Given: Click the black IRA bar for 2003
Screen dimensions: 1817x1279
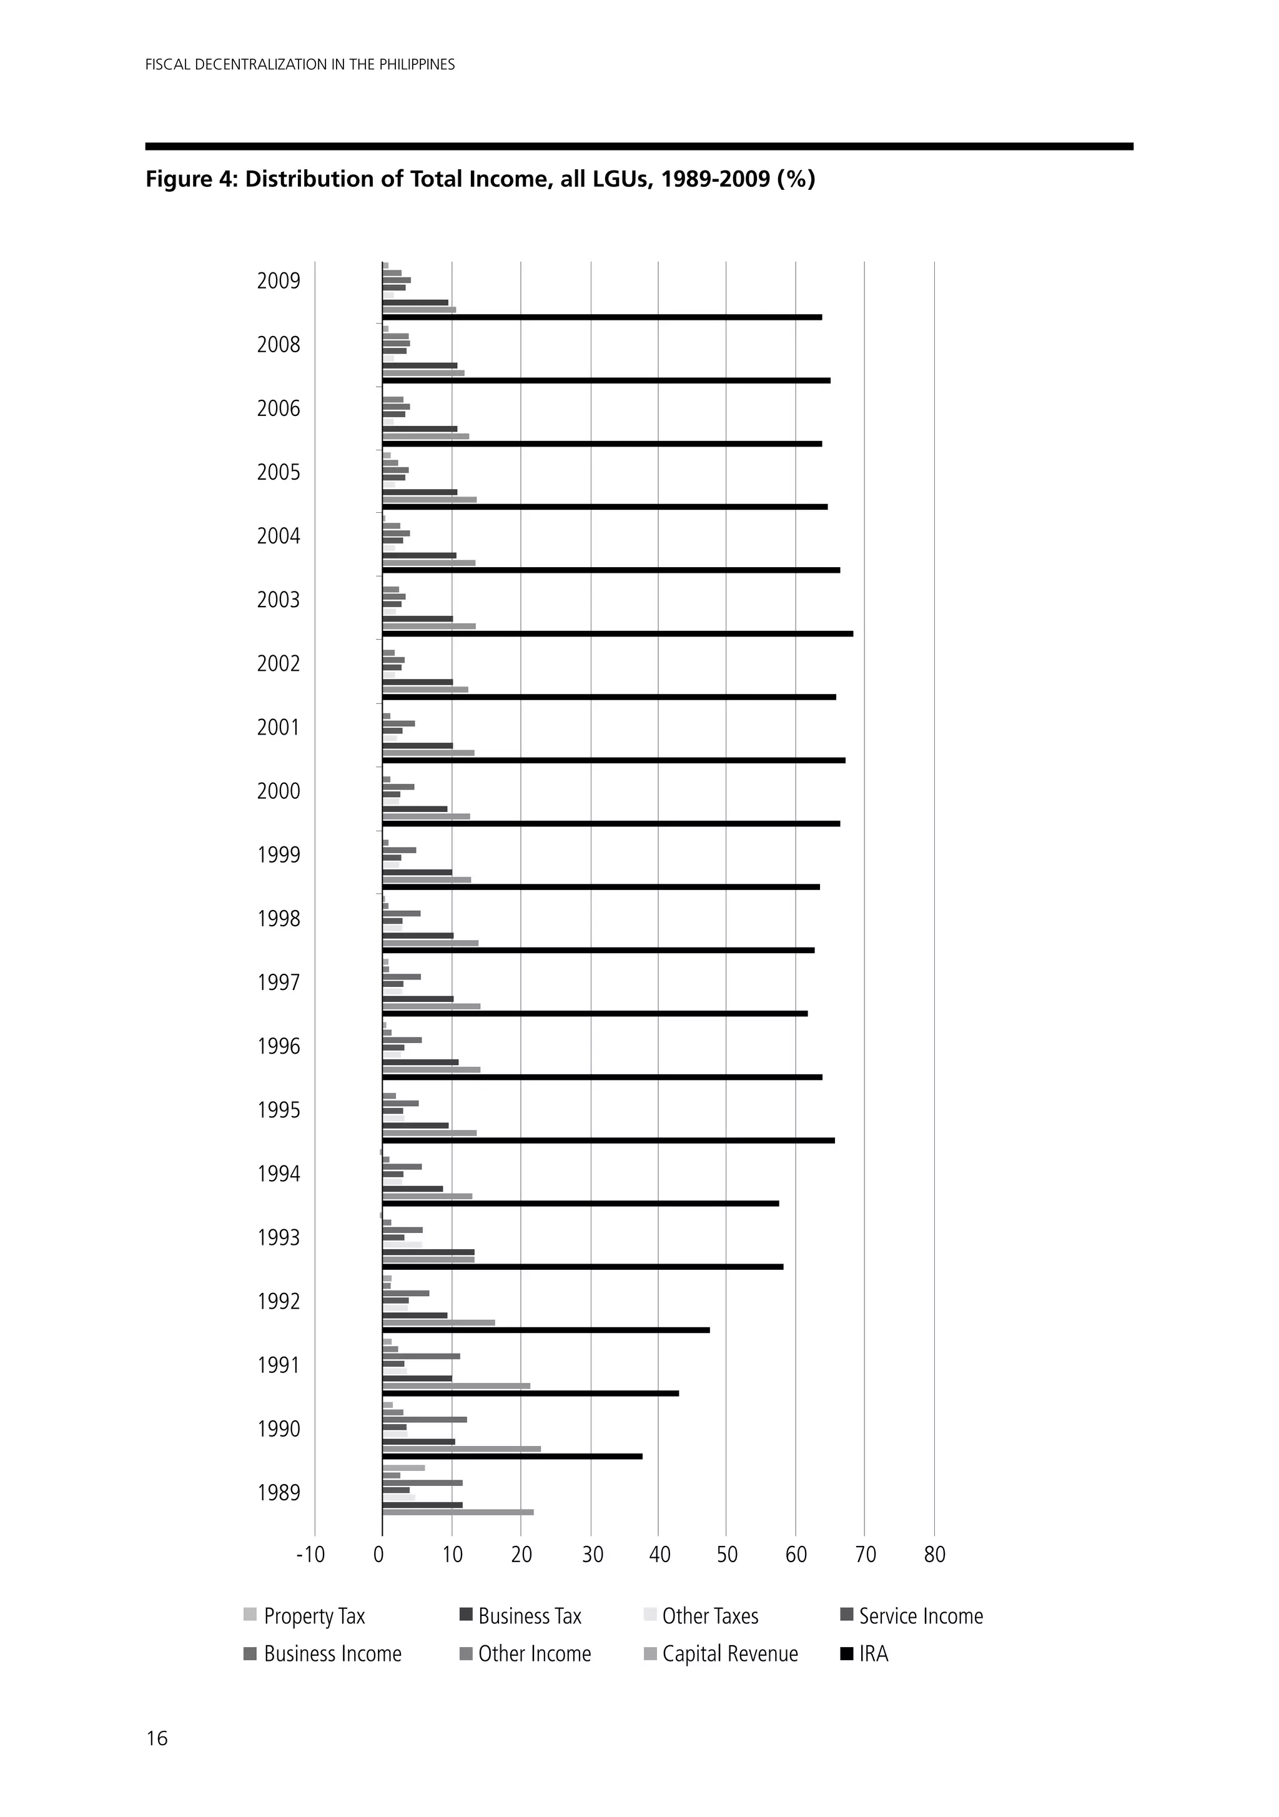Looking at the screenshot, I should (618, 634).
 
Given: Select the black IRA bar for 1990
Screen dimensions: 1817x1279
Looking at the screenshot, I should (512, 1456).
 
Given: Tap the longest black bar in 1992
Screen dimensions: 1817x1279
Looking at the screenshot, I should (546, 1330).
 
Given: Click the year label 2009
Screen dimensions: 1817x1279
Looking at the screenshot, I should (279, 281).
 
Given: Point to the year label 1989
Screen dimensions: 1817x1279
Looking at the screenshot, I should (279, 1493).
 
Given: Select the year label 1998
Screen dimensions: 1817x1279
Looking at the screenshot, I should (279, 919).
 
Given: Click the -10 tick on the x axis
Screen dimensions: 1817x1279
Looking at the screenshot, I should (310, 1555).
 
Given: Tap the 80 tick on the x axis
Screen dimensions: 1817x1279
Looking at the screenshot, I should (935, 1555).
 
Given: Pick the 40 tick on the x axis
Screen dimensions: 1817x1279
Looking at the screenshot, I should (659, 1555).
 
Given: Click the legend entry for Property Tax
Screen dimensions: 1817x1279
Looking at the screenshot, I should (314, 1616).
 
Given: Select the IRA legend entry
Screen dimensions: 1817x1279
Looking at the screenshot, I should (873, 1654).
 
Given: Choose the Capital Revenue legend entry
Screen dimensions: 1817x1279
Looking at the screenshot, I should (729, 1654).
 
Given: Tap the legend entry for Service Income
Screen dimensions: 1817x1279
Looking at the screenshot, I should (921, 1616).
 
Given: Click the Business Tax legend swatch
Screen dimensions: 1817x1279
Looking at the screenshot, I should (465, 1615).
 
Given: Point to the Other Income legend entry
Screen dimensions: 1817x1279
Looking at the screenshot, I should (533, 1654).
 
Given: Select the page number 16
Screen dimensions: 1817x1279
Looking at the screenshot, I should (157, 1738).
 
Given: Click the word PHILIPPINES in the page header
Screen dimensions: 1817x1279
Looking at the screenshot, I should (417, 65).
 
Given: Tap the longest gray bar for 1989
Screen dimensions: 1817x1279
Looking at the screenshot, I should (458, 1512).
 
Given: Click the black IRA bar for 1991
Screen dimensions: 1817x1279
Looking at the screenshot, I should (530, 1394).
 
